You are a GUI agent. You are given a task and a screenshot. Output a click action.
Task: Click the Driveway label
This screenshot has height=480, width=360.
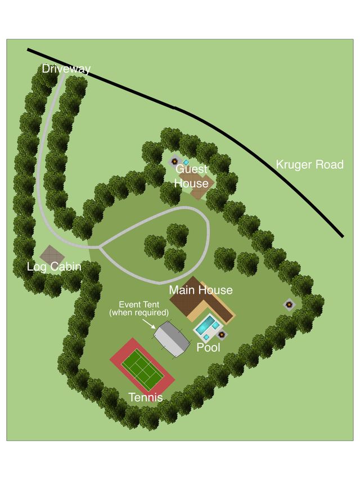(66, 69)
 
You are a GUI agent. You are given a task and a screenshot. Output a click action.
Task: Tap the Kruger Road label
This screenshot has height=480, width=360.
(309, 165)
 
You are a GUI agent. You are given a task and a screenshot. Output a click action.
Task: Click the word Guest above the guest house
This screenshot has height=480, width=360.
(191, 169)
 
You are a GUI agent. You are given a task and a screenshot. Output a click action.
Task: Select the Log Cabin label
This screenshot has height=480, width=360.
(54, 267)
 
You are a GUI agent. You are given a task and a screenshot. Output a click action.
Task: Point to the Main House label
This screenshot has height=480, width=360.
(201, 290)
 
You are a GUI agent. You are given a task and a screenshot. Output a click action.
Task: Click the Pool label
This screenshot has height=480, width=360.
(208, 348)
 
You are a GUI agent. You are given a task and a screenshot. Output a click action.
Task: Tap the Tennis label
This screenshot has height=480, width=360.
(146, 397)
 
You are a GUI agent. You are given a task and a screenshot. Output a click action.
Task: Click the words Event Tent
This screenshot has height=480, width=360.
(139, 304)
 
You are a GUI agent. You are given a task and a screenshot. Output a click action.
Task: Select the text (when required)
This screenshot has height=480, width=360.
(139, 312)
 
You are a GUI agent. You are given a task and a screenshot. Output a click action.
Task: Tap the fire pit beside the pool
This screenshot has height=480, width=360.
(222, 334)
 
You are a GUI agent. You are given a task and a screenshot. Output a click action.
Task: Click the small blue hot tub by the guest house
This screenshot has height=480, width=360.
(186, 162)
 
